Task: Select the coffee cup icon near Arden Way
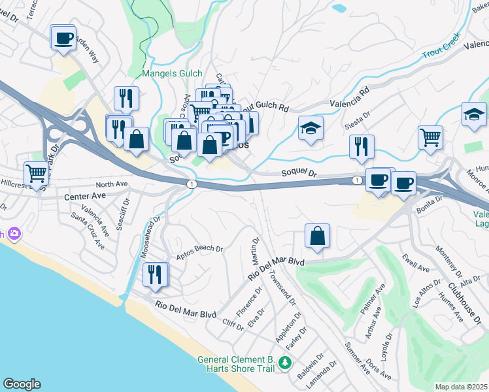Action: tap(63, 38)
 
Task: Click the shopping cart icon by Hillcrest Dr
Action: tap(37, 174)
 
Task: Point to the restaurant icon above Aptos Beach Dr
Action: tap(154, 274)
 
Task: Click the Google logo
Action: tap(21, 384)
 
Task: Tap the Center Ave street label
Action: tap(84, 196)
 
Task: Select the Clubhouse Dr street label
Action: tap(462, 297)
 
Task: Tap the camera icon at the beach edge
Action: tap(13, 234)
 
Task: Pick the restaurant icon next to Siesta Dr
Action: tap(362, 147)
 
